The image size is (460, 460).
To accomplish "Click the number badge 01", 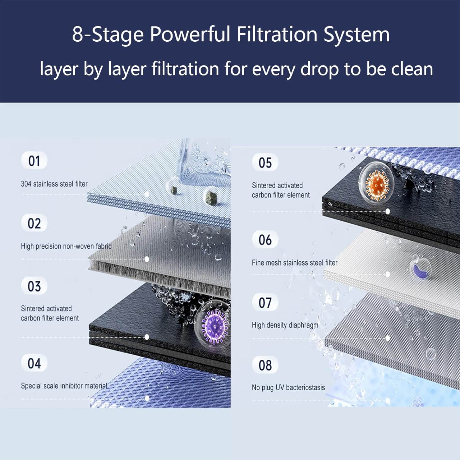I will tap(34, 161).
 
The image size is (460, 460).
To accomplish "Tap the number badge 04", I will tap(34, 363).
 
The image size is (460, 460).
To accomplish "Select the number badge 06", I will tap(265, 240).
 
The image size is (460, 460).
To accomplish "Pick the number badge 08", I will tap(265, 365).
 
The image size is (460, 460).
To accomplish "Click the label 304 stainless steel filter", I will tap(54, 184).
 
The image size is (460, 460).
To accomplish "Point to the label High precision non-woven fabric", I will tap(66, 246).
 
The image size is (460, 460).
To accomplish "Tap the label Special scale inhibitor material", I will tap(64, 386).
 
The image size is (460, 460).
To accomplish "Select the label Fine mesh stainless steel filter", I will tap(294, 262).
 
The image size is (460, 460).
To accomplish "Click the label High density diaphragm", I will tap(285, 325).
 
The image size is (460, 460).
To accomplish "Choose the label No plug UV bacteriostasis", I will tap(288, 388).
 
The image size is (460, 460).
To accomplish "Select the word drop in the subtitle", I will tap(319, 69).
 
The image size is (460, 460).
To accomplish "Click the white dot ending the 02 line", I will tap(147, 259).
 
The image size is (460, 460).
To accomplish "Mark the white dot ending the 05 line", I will tap(388, 211).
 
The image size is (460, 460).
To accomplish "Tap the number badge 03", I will tap(34, 286).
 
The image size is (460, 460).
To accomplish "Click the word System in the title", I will tap(356, 34).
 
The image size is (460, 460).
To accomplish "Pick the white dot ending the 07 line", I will tap(388, 338).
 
